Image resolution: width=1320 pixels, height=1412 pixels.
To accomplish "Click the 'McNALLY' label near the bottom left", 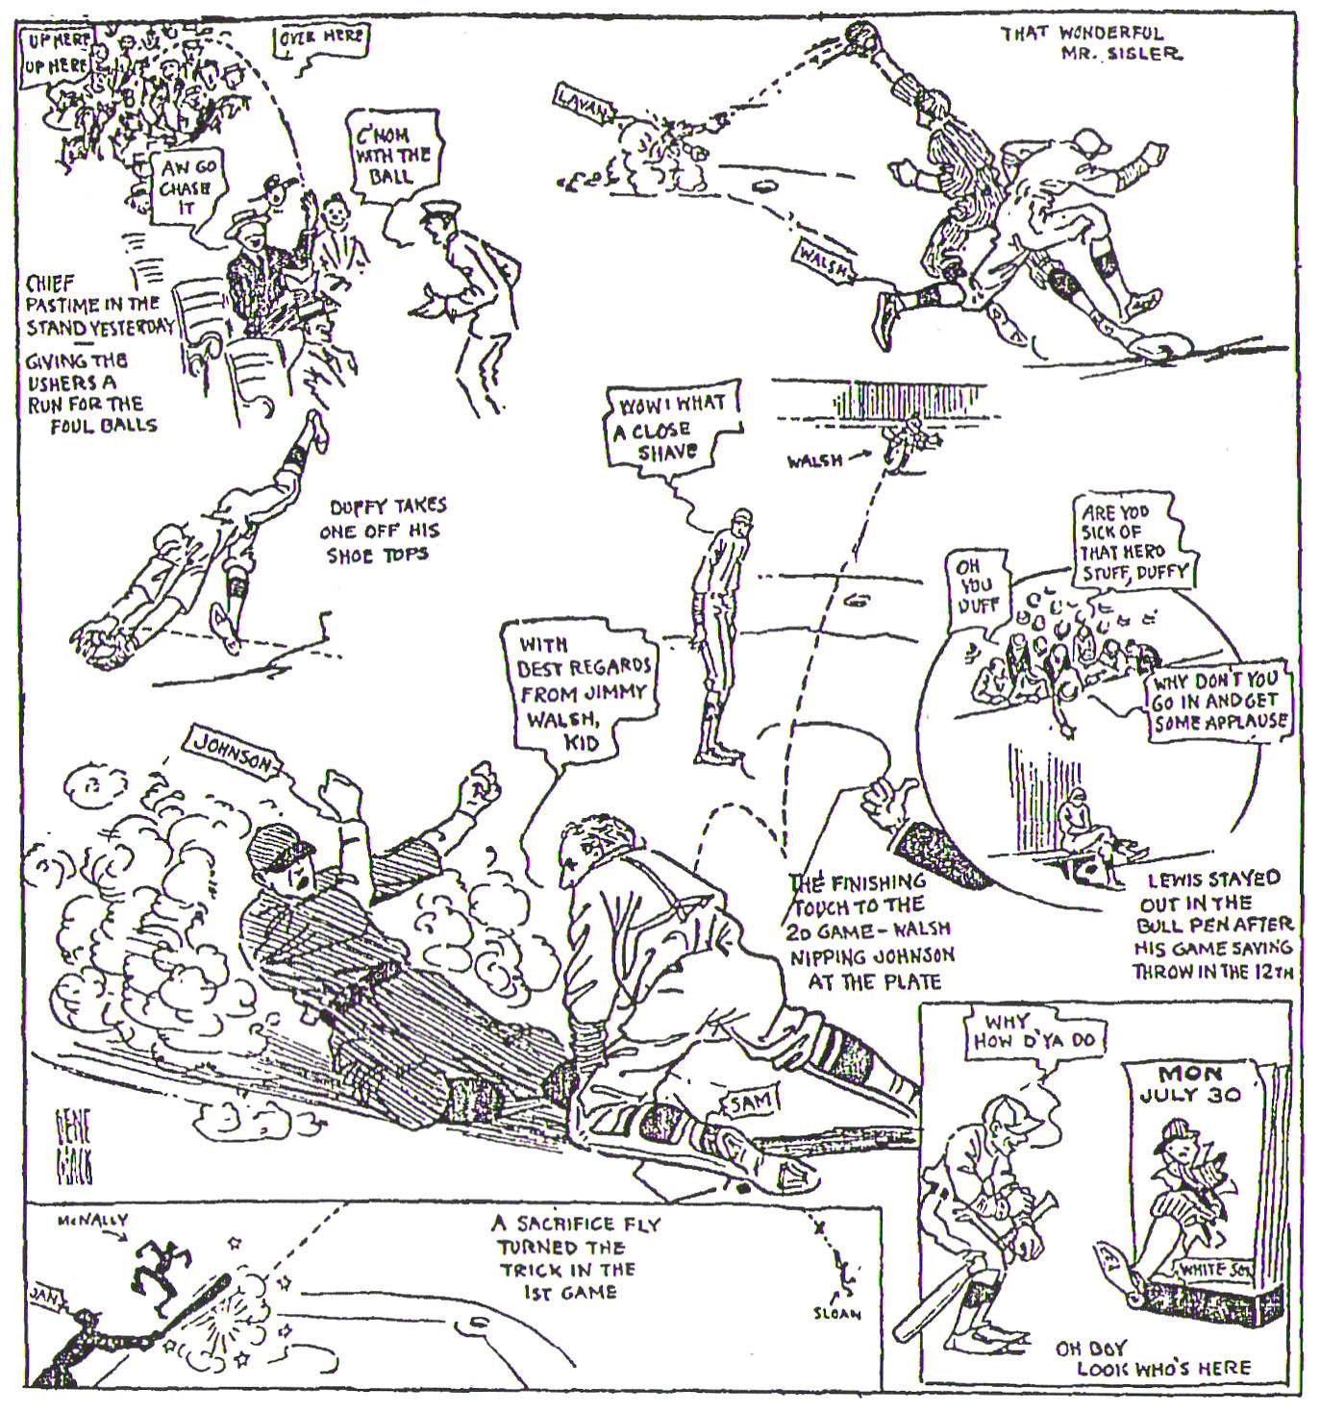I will click(x=92, y=1221).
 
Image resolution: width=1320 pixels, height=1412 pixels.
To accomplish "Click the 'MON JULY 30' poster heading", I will click(x=1190, y=1083).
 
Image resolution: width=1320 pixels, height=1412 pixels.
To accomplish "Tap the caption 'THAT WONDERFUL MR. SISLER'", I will click(x=1091, y=43).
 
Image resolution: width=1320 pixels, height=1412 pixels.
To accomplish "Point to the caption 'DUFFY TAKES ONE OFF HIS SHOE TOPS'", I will click(x=386, y=530).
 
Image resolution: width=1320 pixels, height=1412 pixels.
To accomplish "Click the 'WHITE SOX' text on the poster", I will click(x=1217, y=1270).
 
